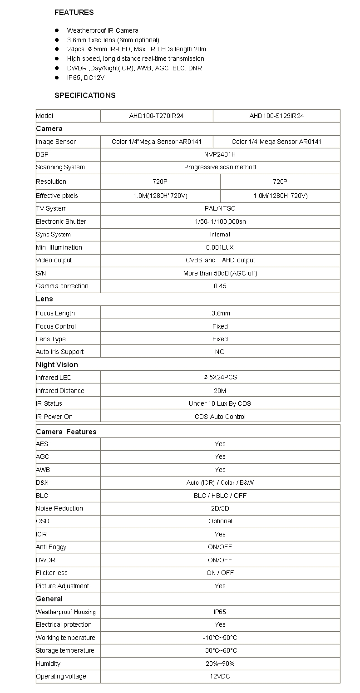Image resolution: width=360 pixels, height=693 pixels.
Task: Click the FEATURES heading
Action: click(x=74, y=12)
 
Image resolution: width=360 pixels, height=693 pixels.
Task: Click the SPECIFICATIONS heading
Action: click(x=85, y=95)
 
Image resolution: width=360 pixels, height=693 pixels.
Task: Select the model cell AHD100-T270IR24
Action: click(x=156, y=116)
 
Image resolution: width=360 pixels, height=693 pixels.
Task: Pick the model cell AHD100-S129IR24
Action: click(x=276, y=116)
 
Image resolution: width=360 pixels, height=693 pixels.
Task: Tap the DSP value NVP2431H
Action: click(x=220, y=154)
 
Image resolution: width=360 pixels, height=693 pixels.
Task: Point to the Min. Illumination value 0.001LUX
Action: click(x=220, y=247)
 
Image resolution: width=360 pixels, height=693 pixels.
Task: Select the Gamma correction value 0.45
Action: click(x=220, y=286)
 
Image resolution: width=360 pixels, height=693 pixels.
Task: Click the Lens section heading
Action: click(x=44, y=299)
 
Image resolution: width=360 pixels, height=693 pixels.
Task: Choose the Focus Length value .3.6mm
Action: click(x=220, y=313)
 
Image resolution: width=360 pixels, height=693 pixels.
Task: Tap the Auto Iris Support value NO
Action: click(x=220, y=352)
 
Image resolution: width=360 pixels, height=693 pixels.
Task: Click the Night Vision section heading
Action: click(x=57, y=364)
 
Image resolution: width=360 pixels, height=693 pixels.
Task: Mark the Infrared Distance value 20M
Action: click(x=220, y=391)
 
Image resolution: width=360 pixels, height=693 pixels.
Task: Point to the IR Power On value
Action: click(x=220, y=417)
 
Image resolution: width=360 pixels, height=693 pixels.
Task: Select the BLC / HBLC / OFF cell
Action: click(x=220, y=496)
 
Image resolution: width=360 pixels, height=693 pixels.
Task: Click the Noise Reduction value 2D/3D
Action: click(x=220, y=508)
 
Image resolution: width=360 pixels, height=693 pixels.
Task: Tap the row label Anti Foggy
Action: click(x=51, y=547)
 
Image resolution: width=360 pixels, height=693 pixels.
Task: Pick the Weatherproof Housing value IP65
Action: click(x=220, y=612)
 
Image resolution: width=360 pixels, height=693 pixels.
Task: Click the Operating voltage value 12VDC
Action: click(x=220, y=676)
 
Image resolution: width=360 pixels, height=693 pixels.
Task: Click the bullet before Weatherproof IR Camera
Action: click(x=57, y=30)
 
